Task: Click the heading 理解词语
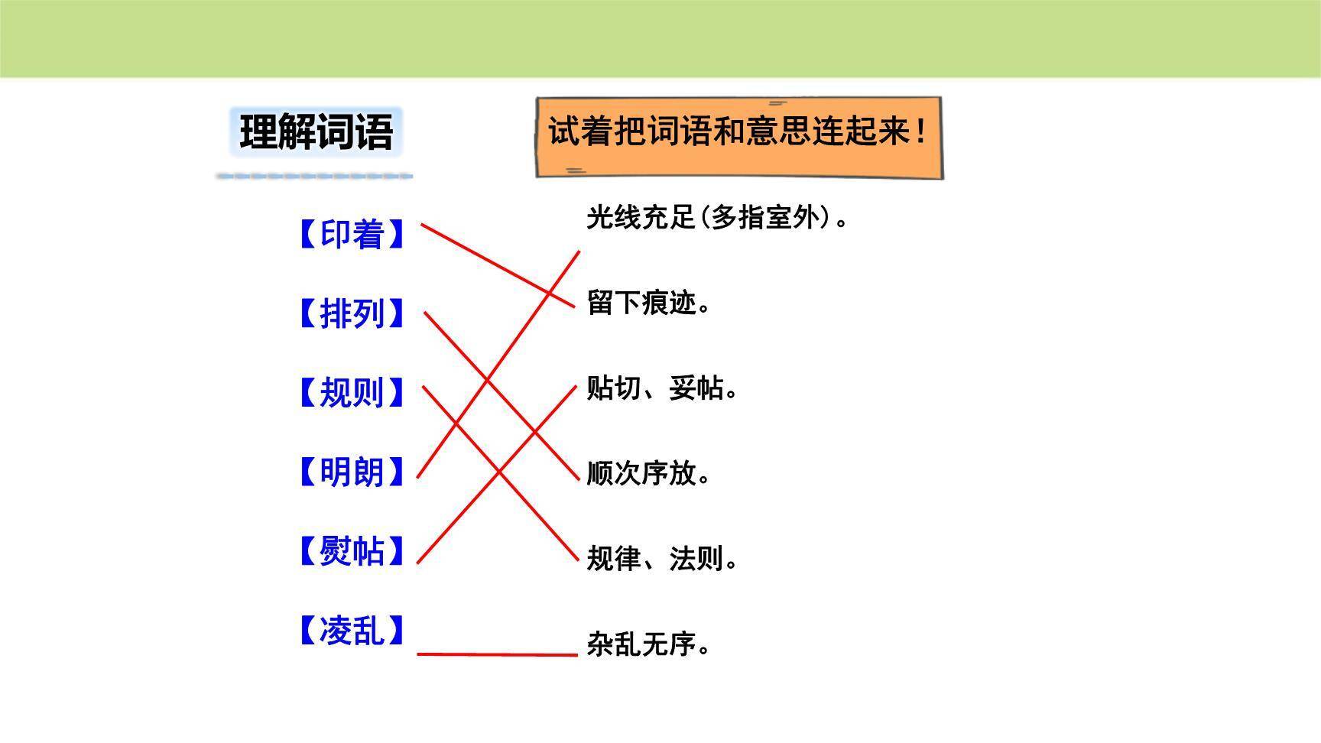(316, 132)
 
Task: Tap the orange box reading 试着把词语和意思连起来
(738, 138)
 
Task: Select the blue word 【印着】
(351, 235)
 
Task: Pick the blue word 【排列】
(351, 314)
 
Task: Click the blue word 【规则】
(351, 393)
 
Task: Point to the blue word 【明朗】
(351, 472)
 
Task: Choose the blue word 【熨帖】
(351, 551)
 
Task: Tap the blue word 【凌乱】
(351, 631)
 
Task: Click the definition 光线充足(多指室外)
(716, 218)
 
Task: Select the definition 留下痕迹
(648, 303)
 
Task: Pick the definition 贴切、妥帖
(661, 388)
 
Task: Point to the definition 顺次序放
(648, 474)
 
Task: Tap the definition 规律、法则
(661, 559)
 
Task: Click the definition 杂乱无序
(648, 644)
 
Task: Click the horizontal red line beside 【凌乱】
(497, 654)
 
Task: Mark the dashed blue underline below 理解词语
(314, 177)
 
